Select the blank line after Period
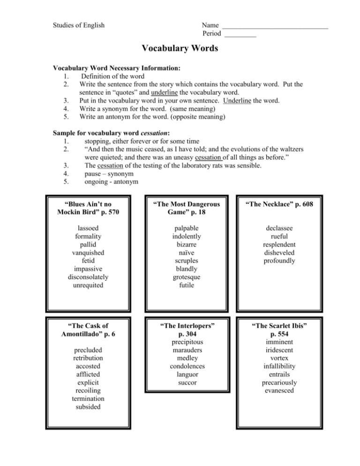240,35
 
